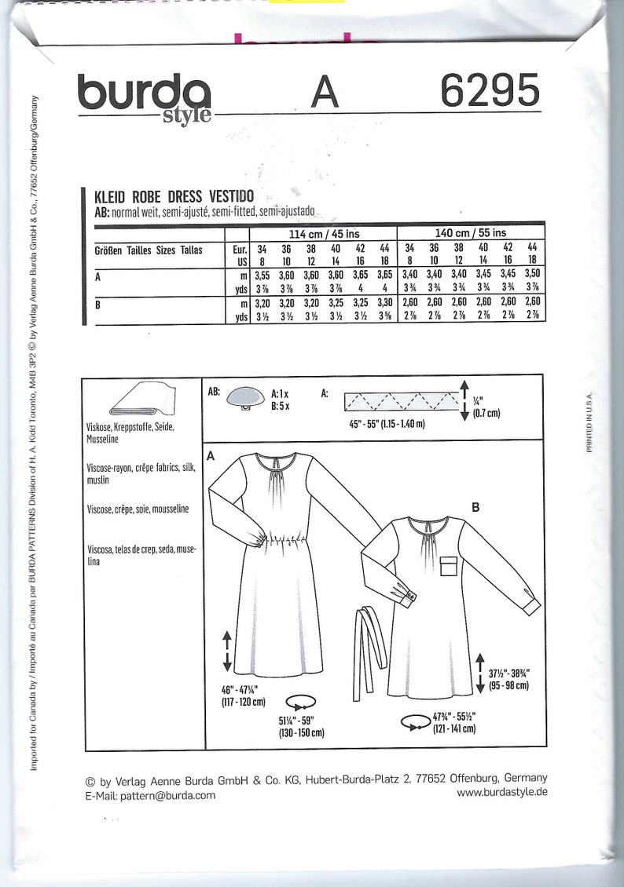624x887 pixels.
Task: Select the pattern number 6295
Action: coord(490,93)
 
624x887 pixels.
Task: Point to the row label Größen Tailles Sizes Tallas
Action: coord(149,250)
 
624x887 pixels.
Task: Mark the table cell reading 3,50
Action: coord(532,276)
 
